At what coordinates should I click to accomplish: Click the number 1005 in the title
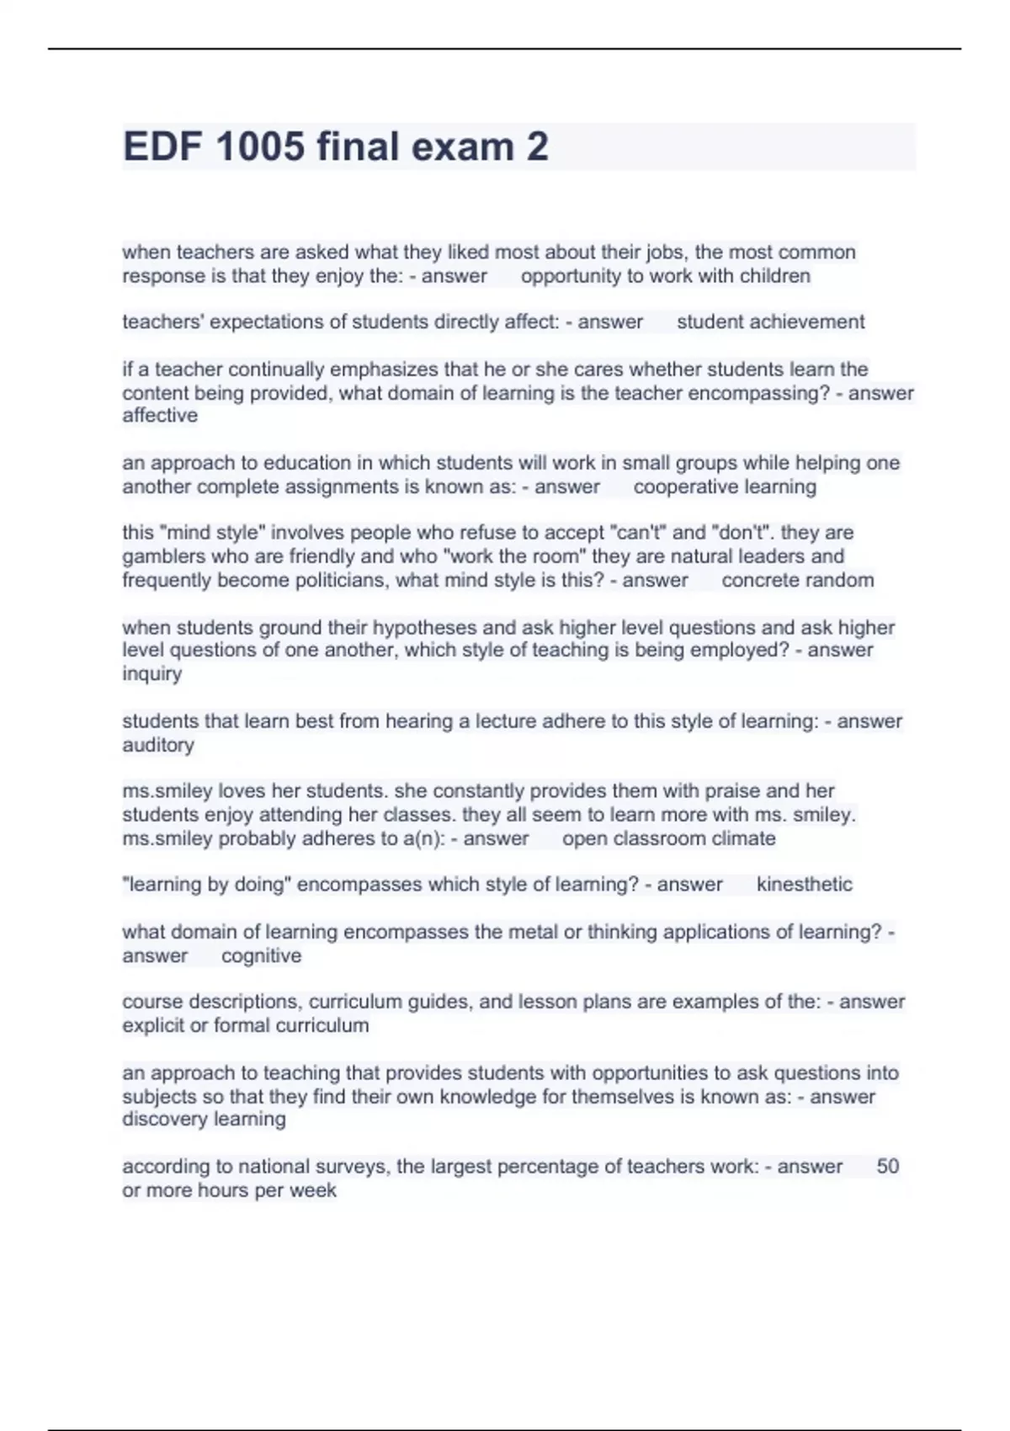[259, 146]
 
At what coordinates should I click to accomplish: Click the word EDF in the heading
[161, 146]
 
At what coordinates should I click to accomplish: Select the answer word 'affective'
[160, 416]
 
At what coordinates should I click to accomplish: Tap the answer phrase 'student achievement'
[770, 322]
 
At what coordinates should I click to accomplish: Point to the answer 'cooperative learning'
[725, 487]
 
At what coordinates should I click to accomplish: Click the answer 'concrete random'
[797, 581]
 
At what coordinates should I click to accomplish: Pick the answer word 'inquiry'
[151, 674]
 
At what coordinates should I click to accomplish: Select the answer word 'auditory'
[158, 746]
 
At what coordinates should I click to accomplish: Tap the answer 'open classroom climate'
[668, 839]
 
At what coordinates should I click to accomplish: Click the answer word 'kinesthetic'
[804, 885]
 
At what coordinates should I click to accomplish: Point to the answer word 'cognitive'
[261, 956]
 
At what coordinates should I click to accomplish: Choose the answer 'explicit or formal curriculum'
[245, 1026]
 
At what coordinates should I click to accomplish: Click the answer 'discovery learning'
[204, 1120]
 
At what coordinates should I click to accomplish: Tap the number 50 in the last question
[887, 1167]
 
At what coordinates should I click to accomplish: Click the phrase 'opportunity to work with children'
[665, 277]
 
